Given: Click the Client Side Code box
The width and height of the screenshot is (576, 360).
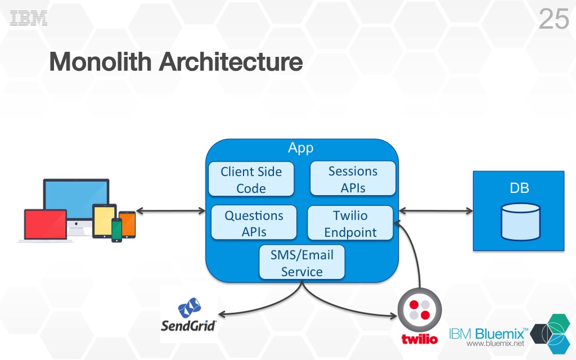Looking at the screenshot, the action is (x=251, y=179).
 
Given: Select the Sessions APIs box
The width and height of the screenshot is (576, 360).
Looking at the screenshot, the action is (x=353, y=178).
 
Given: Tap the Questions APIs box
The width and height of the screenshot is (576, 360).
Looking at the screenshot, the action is (x=254, y=223).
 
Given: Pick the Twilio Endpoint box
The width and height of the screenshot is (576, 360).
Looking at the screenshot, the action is (x=350, y=223).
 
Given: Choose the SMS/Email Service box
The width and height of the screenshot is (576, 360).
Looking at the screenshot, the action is (x=302, y=262).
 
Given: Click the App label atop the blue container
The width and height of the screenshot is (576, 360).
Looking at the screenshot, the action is (x=301, y=148).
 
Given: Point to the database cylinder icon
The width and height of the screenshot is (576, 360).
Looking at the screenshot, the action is (x=521, y=222).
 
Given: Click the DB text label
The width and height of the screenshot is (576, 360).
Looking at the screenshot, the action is (x=519, y=188).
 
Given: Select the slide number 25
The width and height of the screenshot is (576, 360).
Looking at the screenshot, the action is (x=554, y=19).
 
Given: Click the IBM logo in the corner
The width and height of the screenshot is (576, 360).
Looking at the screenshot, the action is (x=29, y=18).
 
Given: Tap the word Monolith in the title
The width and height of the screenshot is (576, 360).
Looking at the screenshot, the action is (x=100, y=62).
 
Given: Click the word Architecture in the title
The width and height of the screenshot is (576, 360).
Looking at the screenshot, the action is (x=231, y=62).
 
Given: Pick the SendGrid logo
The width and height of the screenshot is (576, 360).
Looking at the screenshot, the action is (x=189, y=315).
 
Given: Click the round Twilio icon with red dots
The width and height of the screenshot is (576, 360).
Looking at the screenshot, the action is (x=420, y=310).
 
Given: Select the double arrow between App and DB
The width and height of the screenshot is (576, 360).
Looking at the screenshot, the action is (x=436, y=211).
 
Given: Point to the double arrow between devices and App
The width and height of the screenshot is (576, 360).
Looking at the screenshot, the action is (x=171, y=211).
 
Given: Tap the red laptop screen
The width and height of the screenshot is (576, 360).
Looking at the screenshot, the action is (x=46, y=224).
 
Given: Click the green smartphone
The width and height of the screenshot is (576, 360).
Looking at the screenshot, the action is (x=117, y=230).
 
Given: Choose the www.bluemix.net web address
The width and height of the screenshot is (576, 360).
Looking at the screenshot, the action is (x=496, y=344).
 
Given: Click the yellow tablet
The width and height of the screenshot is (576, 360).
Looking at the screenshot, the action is (x=104, y=221).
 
